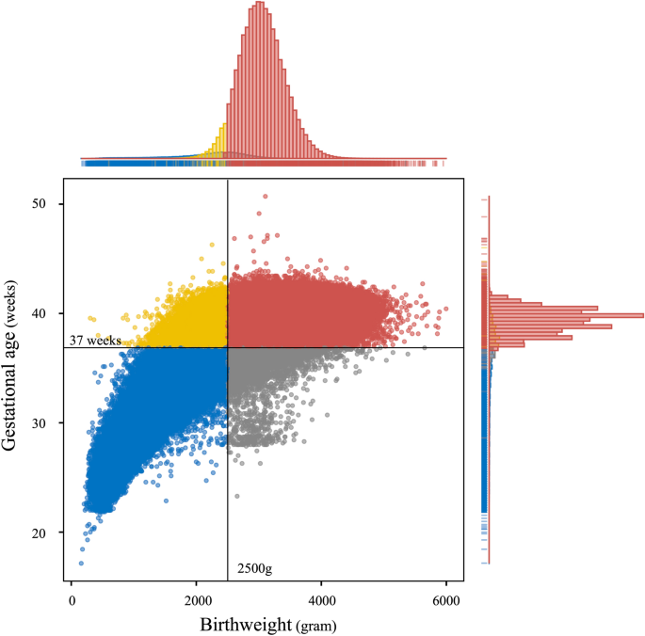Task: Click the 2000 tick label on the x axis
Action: coord(197,602)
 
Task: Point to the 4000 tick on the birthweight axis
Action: coord(322,602)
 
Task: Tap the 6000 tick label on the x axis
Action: coord(446,602)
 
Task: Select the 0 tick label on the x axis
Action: coord(72,602)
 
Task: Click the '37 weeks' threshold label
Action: coord(95,341)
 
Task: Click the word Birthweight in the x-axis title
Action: coord(248,624)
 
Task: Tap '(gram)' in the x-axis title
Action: coord(316,625)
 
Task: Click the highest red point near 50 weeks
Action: coord(266,197)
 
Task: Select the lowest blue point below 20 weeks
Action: coord(81,564)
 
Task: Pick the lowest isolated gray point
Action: coord(236,496)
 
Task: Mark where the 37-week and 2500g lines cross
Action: coord(228,347)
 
